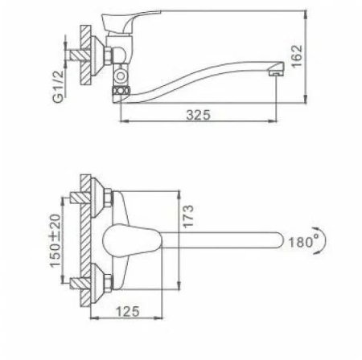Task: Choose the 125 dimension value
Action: [x=122, y=309]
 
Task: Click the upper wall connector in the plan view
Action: [x=97, y=199]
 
